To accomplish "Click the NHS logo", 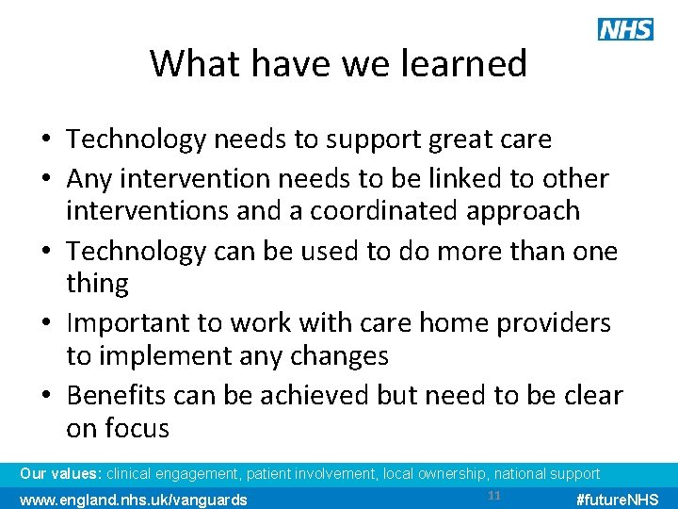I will (625, 29).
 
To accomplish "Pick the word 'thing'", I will (97, 284).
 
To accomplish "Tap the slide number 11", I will (495, 496).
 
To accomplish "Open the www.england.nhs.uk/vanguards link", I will (134, 499).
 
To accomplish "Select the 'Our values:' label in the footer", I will (61, 473).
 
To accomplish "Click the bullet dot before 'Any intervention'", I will (46, 179).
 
